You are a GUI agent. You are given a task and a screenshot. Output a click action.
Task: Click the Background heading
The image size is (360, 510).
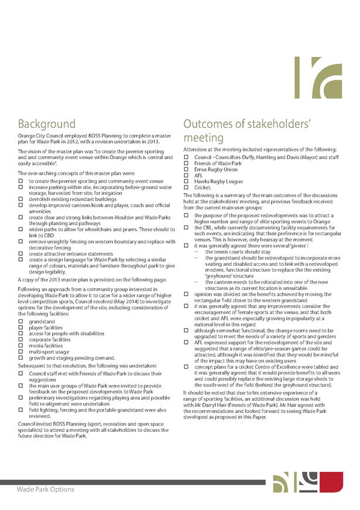pyautogui.click(x=46, y=124)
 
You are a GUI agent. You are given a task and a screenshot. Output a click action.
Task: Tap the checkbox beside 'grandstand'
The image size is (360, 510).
pyautogui.click(x=21, y=322)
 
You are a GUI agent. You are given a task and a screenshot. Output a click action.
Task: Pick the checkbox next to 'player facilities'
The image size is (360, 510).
pyautogui.click(x=21, y=328)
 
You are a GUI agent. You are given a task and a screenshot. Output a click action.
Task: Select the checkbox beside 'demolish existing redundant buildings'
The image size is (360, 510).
pyautogui.click(x=21, y=200)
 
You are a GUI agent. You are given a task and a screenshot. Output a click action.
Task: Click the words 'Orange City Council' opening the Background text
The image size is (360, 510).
pyautogui.click(x=39, y=136)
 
